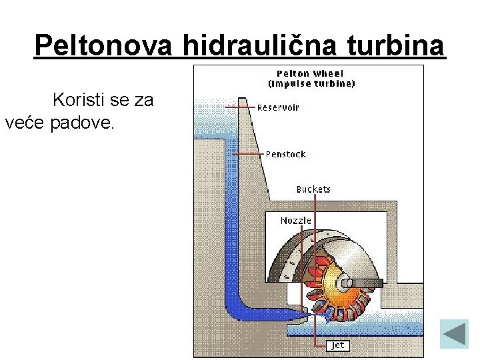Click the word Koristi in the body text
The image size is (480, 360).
coord(76,101)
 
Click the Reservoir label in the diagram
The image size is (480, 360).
coord(278,107)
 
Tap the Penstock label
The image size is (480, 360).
coord(285,154)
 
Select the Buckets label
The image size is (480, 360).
coord(313,189)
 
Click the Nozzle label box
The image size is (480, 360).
coord(295,220)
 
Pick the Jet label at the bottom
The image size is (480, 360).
coord(338,345)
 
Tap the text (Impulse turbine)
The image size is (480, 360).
coord(311,84)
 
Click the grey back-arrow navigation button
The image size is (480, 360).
coord(455,333)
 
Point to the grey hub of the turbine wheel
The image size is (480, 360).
coord(347,282)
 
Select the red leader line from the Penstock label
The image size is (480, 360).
coord(247,154)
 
